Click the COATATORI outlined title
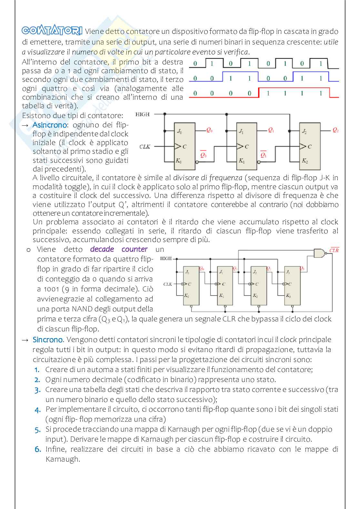pyautogui.click(x=52, y=31)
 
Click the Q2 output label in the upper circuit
pyautogui.click(x=335, y=130)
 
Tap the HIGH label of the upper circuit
pyautogui.click(x=142, y=114)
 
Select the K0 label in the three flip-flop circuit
pyautogui.click(x=178, y=160)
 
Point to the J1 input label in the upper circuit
pyautogui.click(x=241, y=131)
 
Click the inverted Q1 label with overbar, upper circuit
pyautogui.click(x=263, y=155)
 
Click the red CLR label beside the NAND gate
pyautogui.click(x=334, y=250)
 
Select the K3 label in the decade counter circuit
pyautogui.click(x=288, y=295)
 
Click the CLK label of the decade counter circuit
pyautogui.click(x=168, y=284)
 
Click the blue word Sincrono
pyautogui.click(x=48, y=340)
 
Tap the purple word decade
pyautogui.click(x=102, y=249)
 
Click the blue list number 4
pyautogui.click(x=38, y=410)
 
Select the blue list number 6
pyautogui.click(x=38, y=450)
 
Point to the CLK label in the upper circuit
pyautogui.click(x=145, y=147)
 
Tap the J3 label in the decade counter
pyautogui.click(x=288, y=272)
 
